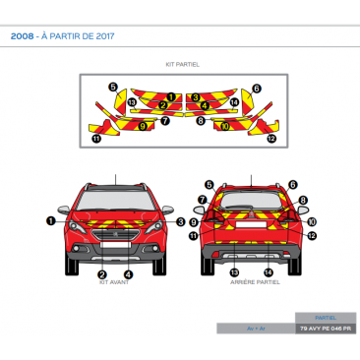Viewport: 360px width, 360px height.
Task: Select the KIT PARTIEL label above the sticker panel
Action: point(182,64)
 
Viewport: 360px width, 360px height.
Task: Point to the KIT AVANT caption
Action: point(114,281)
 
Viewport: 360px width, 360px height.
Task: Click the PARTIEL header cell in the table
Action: point(326,317)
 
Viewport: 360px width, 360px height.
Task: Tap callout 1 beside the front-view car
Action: point(50,221)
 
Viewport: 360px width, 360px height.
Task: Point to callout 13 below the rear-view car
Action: point(234,271)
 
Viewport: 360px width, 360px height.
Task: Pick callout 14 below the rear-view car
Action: point(269,271)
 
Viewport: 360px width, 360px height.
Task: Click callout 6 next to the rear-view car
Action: point(294,184)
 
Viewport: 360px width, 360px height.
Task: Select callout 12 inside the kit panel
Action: point(270,139)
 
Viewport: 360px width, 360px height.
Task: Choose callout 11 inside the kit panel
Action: point(95,139)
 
